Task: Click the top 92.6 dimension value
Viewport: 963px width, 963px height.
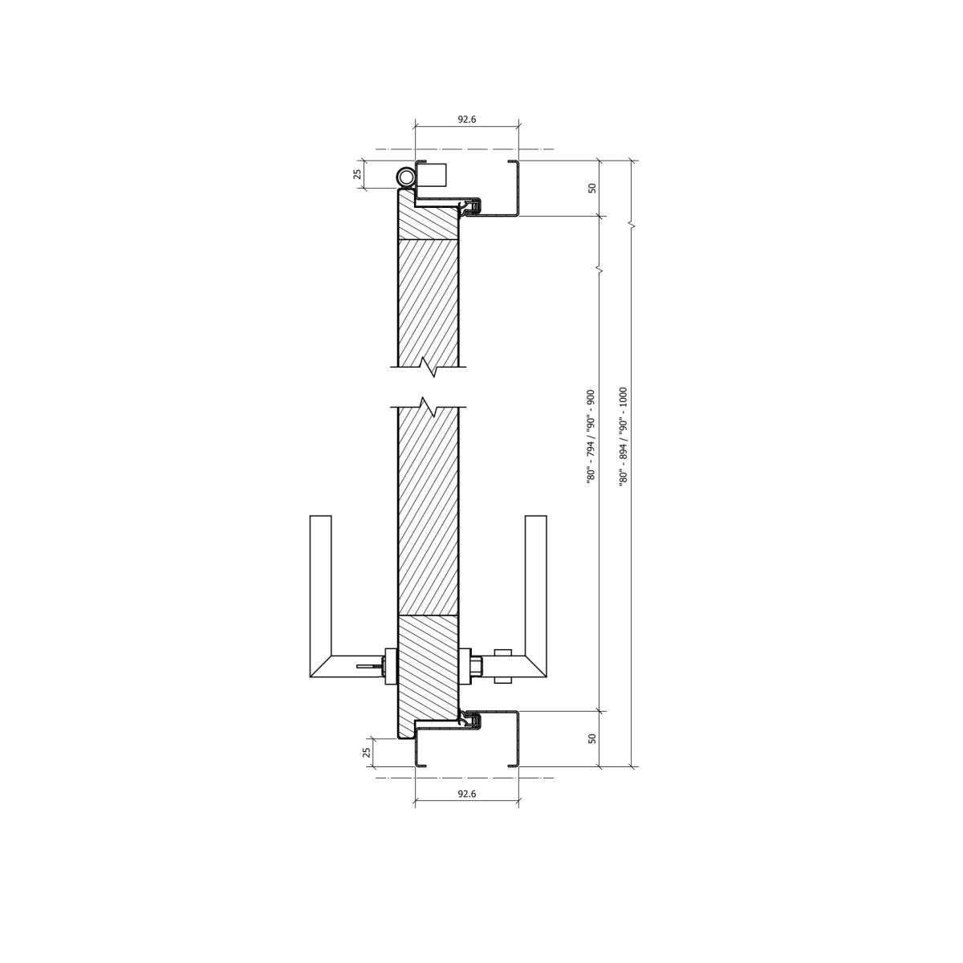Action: coord(467,120)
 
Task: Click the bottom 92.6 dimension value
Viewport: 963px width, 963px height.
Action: coord(467,794)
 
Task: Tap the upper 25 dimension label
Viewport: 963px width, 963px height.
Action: coord(357,174)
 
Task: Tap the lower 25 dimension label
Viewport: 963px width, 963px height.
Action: coord(368,752)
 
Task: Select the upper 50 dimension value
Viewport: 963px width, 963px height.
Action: coord(592,188)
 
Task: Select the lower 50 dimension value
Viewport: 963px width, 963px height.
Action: coord(592,738)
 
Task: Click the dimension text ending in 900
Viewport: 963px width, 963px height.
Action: coord(591,437)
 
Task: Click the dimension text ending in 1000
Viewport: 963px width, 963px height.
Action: coord(624,437)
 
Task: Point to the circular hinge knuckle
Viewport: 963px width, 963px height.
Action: coord(405,177)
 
